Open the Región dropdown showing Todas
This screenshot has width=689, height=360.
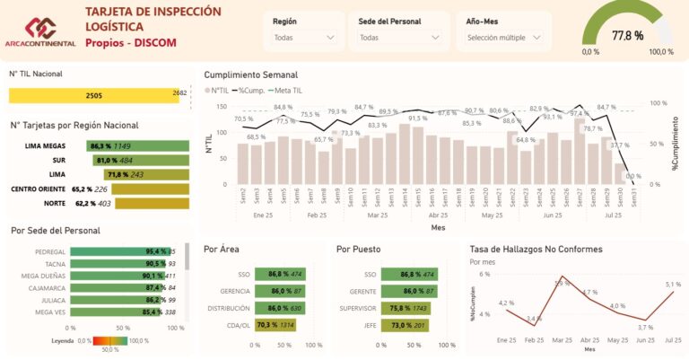click(304, 38)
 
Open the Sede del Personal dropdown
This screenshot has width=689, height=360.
click(398, 38)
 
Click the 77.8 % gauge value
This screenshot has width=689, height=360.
click(627, 36)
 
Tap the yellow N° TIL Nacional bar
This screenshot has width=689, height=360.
click(93, 94)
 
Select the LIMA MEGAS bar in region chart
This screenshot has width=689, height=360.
click(137, 145)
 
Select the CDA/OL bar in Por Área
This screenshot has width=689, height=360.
click(275, 325)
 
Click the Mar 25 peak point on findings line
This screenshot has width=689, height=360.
click(562, 277)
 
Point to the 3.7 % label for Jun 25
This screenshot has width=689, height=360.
click(645, 328)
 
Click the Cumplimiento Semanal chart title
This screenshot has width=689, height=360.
click(251, 75)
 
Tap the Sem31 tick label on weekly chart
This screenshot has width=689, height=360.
click(633, 197)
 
